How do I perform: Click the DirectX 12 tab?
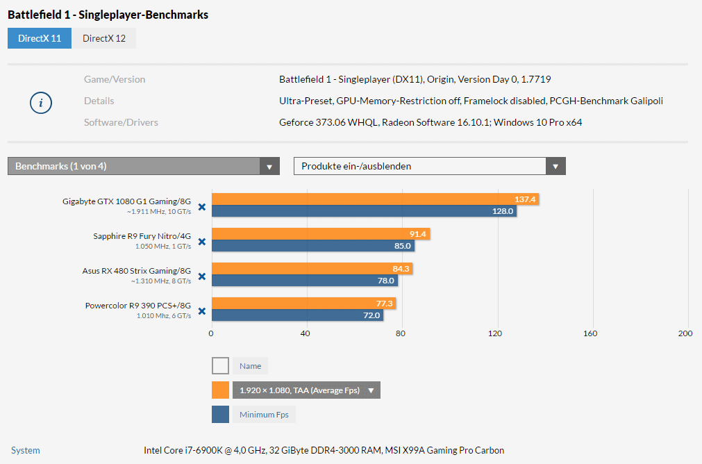104,38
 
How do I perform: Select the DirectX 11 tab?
40,38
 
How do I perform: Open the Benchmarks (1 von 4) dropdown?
143,166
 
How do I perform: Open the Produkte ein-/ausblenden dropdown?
429,166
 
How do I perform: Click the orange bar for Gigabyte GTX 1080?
375,199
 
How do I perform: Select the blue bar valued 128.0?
364,211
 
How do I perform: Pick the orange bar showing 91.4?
321,234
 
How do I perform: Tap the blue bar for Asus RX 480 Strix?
305,281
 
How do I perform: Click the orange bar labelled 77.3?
303,304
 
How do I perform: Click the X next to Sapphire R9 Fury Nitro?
202,241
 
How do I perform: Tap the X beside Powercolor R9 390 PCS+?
202,310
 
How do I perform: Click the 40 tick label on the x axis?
306,333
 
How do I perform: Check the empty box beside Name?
220,365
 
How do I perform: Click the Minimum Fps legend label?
264,415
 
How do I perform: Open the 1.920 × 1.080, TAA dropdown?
306,390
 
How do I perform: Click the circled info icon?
41,103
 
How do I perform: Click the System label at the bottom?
26,450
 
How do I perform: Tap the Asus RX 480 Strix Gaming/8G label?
136,271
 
